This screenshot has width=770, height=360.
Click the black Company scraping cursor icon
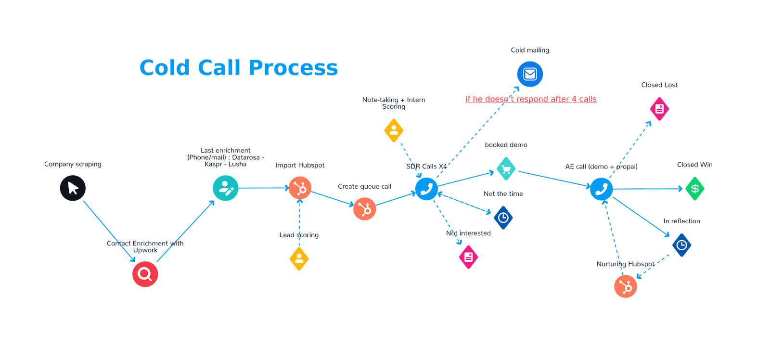73,188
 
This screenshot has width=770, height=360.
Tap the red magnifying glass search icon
145,274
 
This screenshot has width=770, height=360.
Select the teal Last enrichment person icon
225,188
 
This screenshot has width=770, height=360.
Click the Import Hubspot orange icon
300,188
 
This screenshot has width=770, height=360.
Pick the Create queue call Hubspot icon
365,209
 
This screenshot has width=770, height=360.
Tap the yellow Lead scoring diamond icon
299,259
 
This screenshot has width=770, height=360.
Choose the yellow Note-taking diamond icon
394,130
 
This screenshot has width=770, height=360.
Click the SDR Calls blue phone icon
426,189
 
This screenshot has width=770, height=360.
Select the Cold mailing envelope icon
530,74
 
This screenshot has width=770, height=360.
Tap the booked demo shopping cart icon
506,169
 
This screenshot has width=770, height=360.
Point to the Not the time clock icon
503,218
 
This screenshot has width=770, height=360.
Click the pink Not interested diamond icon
468,257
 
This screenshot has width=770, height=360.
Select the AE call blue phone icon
602,189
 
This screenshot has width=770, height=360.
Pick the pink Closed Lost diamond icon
659,109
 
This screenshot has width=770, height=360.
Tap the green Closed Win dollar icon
694,189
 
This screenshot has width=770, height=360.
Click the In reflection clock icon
681,245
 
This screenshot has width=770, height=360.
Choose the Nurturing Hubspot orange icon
625,286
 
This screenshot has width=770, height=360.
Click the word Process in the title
293,68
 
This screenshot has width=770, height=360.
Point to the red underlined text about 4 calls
530,99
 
